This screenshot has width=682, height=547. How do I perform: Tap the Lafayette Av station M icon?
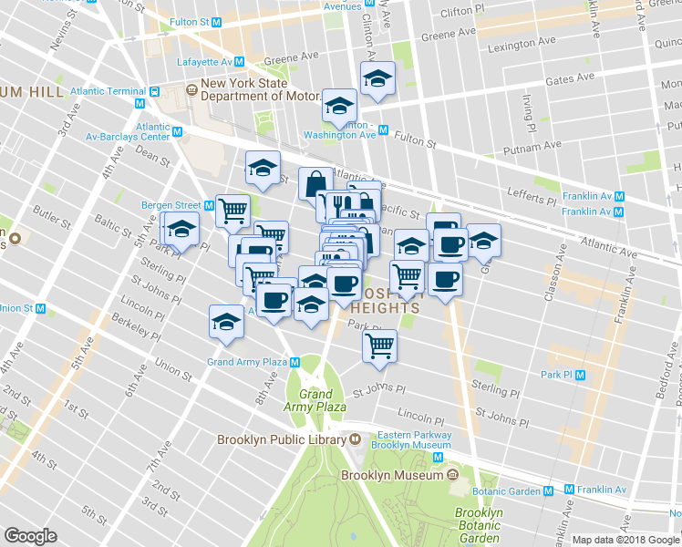(239, 61)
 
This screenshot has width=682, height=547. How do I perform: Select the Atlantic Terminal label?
(108, 91)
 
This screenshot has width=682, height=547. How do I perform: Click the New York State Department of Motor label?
(260, 90)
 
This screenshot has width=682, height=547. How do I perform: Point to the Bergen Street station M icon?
(208, 205)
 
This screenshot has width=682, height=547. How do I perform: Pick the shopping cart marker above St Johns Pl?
(379, 345)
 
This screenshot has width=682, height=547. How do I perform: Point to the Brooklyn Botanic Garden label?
(479, 525)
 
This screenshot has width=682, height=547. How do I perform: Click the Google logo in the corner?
(31, 535)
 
